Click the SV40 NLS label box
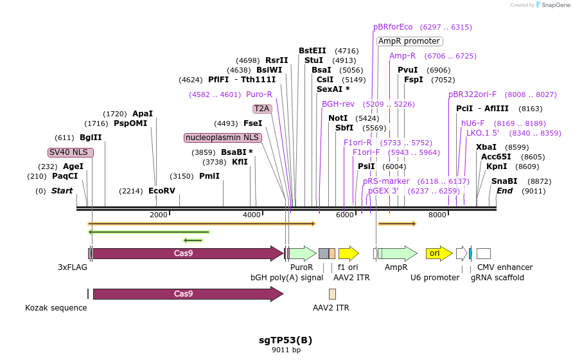pos(71,152)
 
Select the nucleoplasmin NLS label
pos(222,138)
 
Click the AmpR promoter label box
pos(409,41)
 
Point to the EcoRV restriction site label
pos(161,191)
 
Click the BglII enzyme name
pos(91,138)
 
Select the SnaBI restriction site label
pos(504,181)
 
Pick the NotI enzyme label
pos(338,118)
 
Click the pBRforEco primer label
pos(393,27)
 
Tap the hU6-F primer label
pos(473,123)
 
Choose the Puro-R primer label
pos(259,94)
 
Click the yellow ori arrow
pos(435,253)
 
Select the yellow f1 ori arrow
pos(348,253)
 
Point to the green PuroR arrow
pos(302,253)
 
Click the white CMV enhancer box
pos(483,253)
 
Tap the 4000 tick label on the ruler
pos(252,215)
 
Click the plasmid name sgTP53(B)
pos(286,340)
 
